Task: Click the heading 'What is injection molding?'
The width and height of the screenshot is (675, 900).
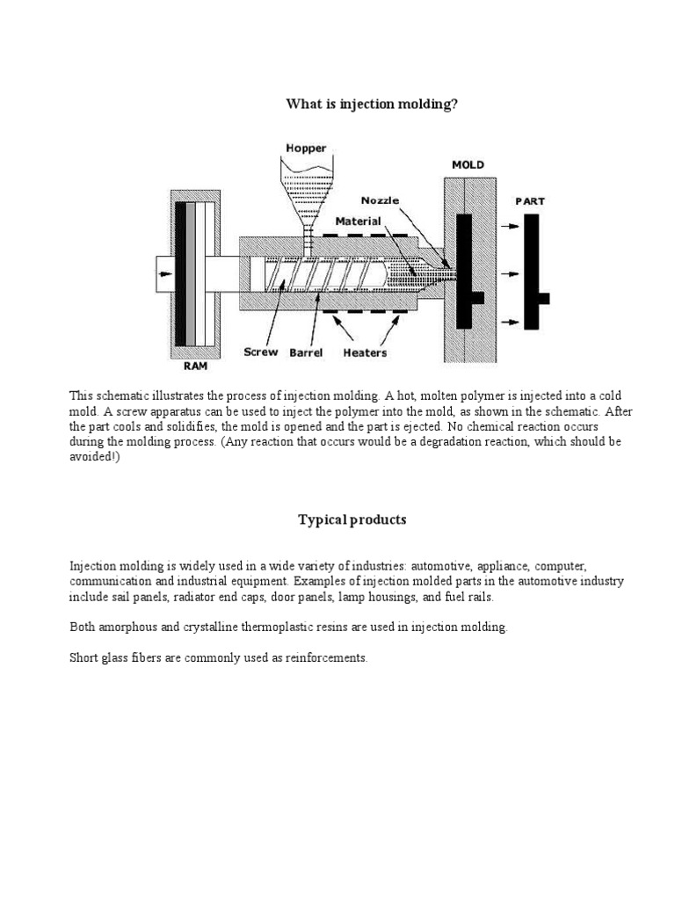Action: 372,105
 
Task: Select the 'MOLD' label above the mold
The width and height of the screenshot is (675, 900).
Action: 467,164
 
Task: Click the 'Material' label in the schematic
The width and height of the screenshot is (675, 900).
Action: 358,221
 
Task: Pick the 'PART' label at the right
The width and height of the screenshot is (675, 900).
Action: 529,200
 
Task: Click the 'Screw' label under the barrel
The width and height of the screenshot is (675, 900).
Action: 261,352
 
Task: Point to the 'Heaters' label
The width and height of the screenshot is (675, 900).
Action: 365,352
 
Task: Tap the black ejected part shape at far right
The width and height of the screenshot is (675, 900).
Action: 532,272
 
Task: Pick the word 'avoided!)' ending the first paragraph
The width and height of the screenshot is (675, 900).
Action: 95,458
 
